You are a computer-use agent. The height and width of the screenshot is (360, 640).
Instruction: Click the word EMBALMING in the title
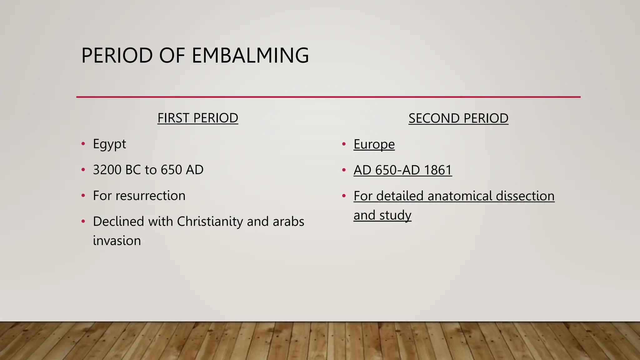point(250,55)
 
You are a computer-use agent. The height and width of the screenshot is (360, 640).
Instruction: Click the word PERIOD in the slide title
point(117,55)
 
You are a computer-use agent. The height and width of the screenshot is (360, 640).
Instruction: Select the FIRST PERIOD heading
point(197,118)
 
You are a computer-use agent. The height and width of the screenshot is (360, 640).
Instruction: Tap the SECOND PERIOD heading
point(458,118)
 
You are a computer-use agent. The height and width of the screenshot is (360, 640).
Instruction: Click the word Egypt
point(109,144)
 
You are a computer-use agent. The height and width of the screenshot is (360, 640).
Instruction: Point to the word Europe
point(374,144)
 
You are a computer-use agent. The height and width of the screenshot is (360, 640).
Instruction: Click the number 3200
point(106,170)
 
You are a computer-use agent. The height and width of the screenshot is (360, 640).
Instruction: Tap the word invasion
point(117,241)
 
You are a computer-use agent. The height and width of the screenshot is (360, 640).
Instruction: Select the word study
point(395,215)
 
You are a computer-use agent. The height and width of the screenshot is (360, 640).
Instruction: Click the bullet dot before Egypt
point(83,144)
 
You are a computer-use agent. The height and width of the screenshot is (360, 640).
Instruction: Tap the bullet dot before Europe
point(344,144)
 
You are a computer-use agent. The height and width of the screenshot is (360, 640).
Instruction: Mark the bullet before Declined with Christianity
point(83,221)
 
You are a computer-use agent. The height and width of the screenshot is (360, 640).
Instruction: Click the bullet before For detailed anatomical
point(344,196)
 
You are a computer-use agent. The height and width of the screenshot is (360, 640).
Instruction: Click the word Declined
point(118,222)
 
